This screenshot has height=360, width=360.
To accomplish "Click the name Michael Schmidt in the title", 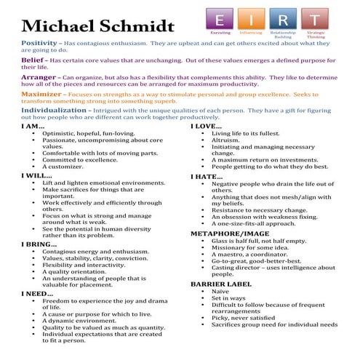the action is click(x=97, y=25).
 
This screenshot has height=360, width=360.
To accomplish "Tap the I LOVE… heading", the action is click(x=207, y=127).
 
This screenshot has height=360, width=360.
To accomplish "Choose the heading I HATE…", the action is click(x=207, y=177).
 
